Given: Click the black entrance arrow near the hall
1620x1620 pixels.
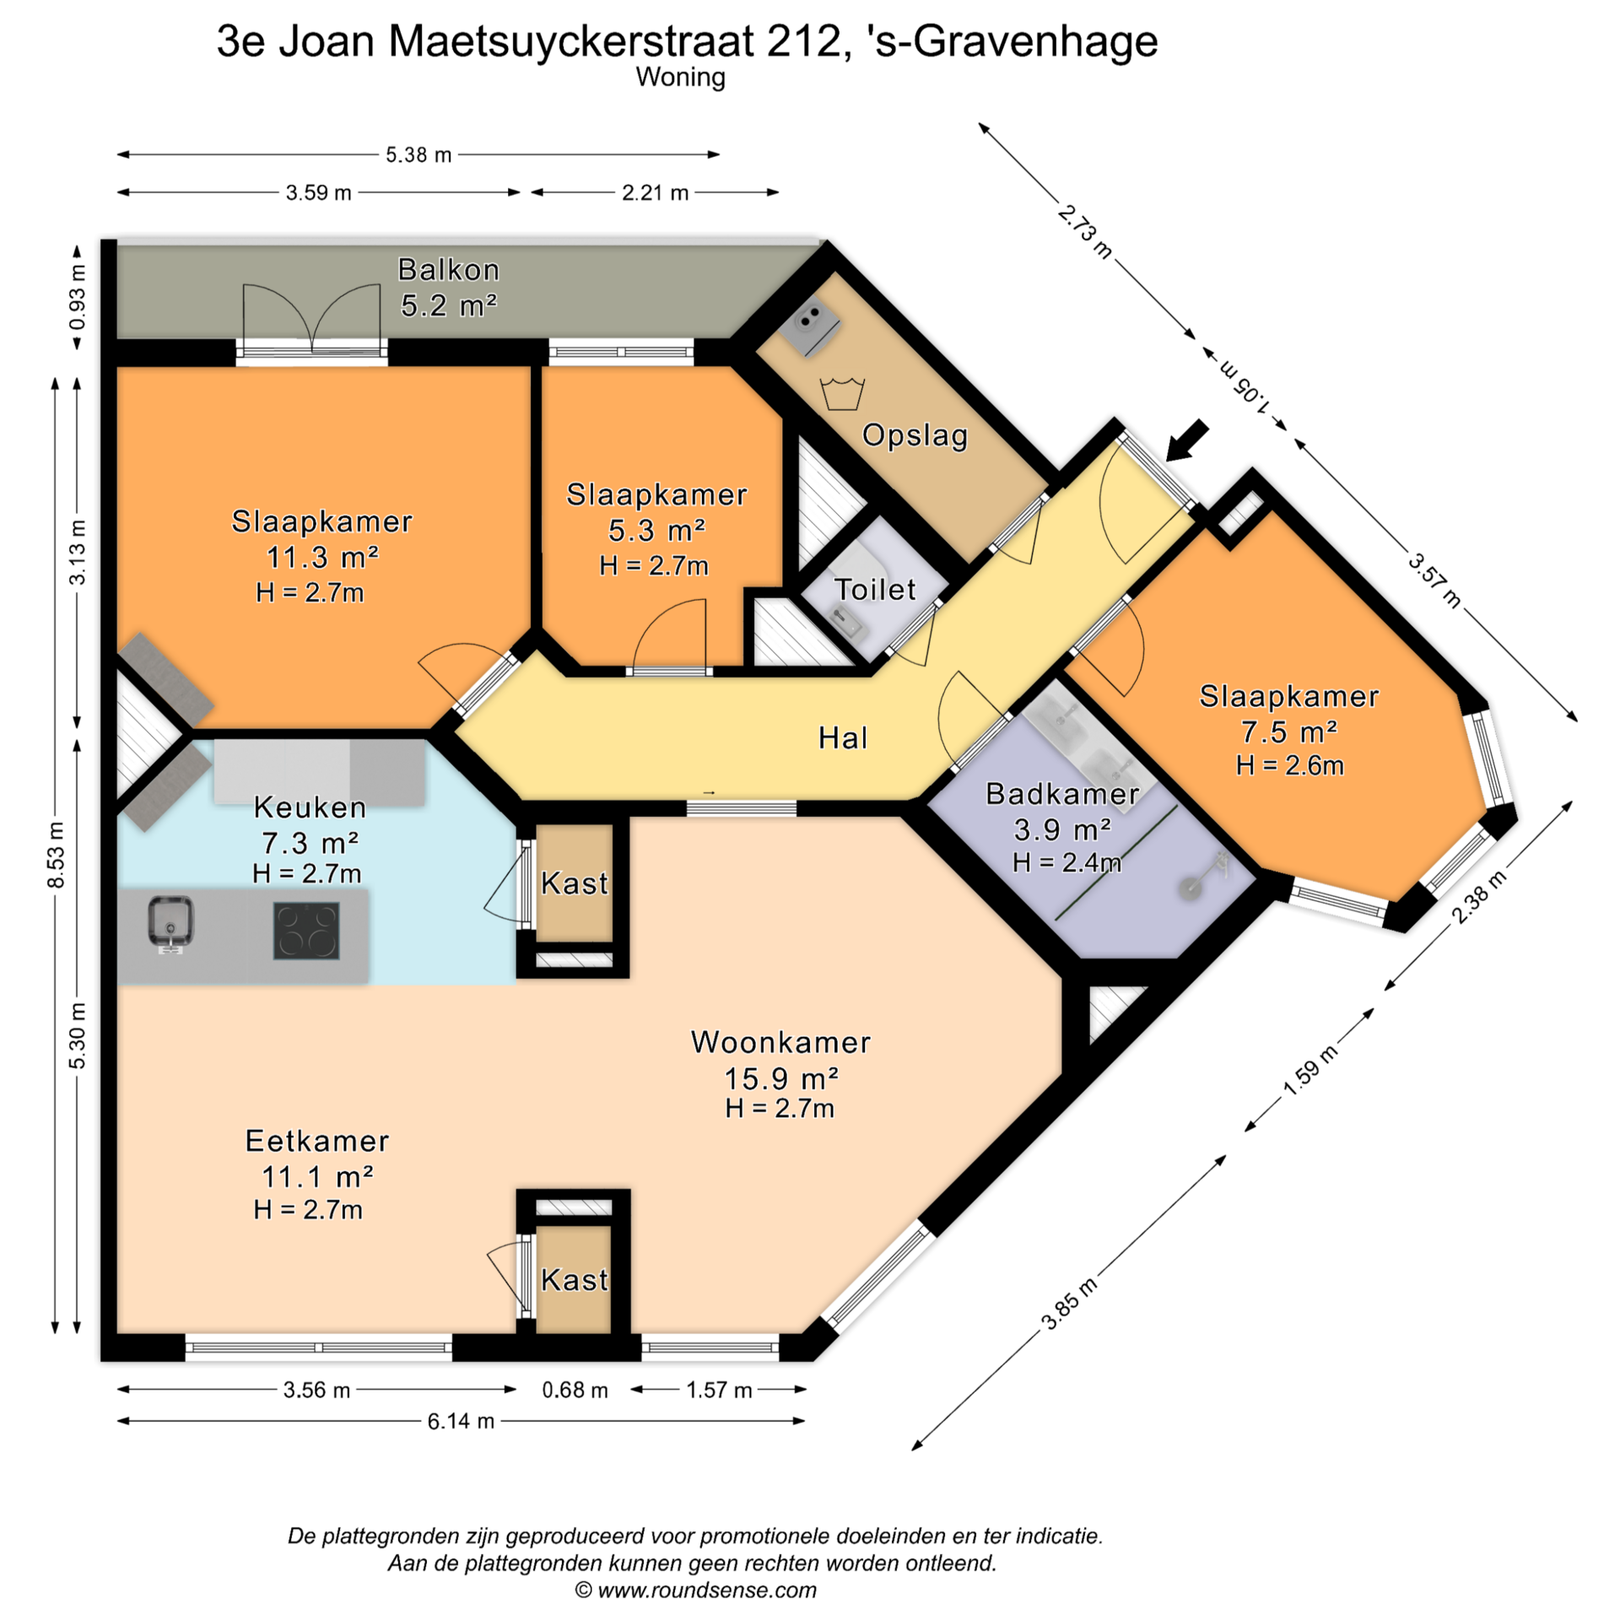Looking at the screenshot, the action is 1187,441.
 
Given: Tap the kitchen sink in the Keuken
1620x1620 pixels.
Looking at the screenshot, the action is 170,923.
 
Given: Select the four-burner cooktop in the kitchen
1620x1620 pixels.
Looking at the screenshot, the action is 305,931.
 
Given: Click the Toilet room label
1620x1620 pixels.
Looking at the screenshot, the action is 875,589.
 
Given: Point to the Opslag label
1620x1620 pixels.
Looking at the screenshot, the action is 915,435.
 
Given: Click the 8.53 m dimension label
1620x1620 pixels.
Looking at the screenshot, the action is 56,855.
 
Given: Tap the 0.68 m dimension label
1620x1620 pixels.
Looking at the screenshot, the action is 575,1390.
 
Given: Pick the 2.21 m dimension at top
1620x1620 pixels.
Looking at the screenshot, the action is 655,192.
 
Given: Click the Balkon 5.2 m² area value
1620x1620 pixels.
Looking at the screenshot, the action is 449,305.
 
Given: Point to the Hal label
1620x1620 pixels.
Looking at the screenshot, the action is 842,738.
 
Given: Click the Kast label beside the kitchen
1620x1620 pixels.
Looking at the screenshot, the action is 574,883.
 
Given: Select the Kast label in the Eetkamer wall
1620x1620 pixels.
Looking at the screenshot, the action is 574,1280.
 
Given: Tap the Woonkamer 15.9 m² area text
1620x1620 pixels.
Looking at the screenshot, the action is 781,1078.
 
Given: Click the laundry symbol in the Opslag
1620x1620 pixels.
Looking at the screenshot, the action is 842,394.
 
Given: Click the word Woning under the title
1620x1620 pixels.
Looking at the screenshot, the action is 680,78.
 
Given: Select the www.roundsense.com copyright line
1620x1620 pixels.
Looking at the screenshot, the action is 695,1590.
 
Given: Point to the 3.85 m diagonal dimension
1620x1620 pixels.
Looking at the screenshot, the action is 1069,1304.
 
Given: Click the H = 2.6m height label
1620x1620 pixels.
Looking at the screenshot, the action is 1289,765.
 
